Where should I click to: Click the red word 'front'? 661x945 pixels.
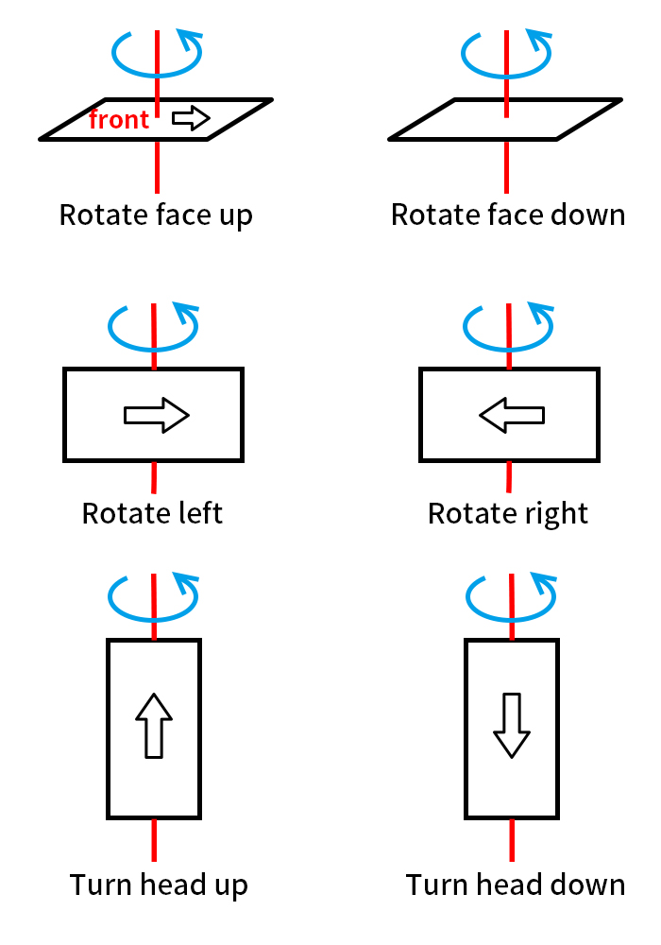click(119, 120)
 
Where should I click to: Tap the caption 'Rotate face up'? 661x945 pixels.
click(156, 215)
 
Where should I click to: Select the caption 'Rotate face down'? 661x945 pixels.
click(508, 215)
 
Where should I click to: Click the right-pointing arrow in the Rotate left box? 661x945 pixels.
click(157, 415)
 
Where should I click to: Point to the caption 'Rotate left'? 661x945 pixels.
click(152, 513)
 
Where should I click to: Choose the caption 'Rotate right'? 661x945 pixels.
click(508, 513)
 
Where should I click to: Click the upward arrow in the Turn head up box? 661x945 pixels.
click(154, 725)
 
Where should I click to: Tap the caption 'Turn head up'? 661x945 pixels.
click(159, 885)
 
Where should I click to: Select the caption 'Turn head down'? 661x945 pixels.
click(516, 885)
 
